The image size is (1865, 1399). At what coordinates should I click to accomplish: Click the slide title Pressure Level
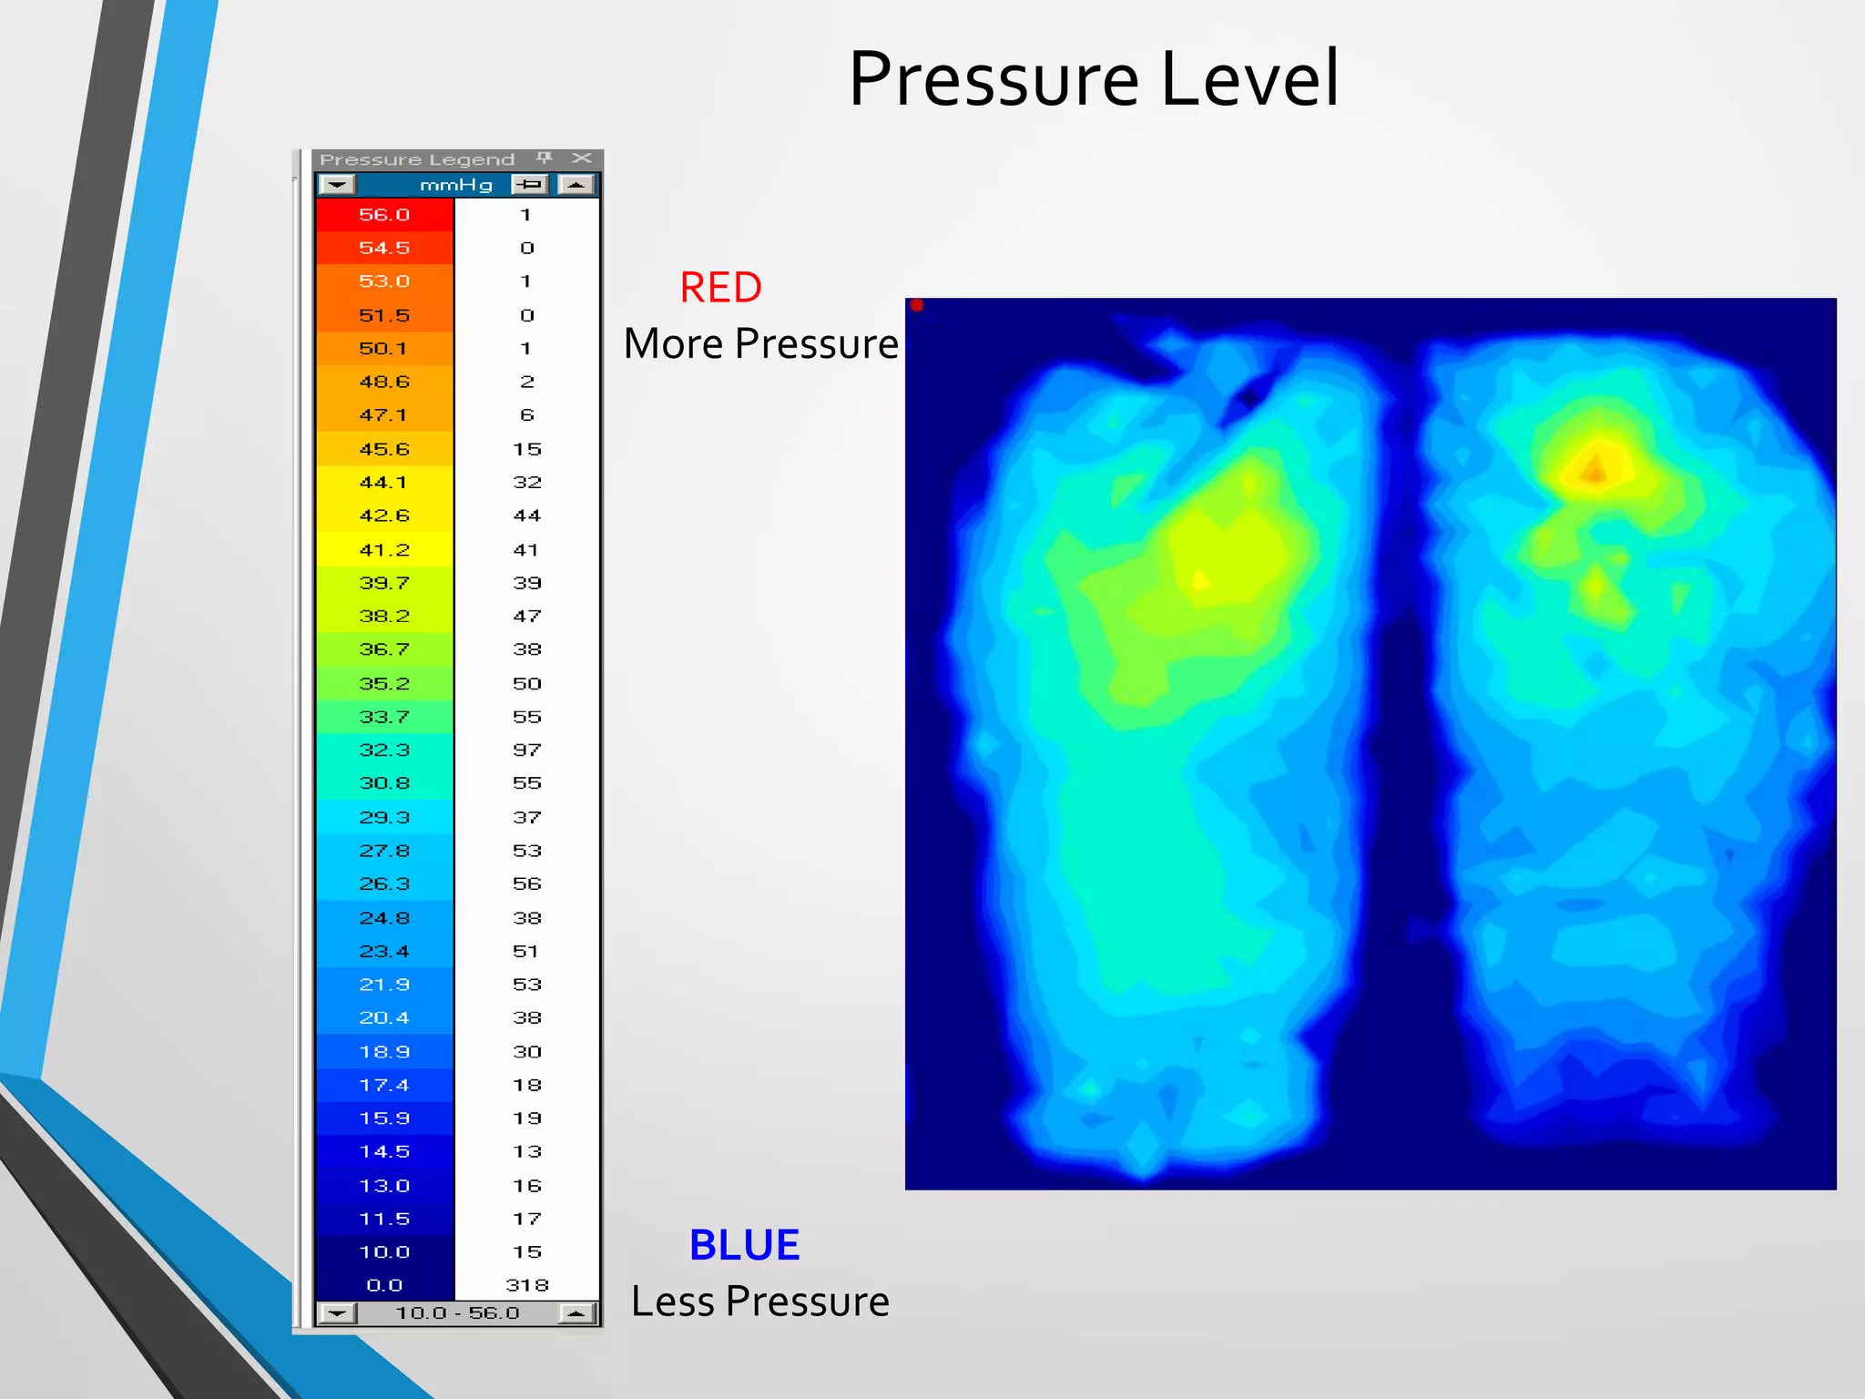1093,79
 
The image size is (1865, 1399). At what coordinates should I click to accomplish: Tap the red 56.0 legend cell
384,215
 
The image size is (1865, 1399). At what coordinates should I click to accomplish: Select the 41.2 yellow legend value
384,550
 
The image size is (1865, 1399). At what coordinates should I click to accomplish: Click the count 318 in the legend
527,1285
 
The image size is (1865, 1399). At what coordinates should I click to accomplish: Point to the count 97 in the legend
527,750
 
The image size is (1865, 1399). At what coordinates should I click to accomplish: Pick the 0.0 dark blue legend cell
384,1285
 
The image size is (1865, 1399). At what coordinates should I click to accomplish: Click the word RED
720,288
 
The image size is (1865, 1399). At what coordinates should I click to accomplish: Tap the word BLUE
744,1245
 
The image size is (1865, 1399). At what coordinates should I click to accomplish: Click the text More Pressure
760,344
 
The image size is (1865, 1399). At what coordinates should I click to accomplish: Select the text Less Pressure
760,1302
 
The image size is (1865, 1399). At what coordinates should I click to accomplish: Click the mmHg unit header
455,185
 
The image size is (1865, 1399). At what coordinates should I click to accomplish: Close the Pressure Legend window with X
582,158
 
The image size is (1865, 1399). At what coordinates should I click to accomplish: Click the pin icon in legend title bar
545,158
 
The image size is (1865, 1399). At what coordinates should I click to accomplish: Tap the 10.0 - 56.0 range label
457,1312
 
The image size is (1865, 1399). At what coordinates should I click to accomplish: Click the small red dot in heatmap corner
917,305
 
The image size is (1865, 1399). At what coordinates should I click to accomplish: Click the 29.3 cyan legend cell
384,817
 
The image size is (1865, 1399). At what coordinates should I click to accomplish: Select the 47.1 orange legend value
384,415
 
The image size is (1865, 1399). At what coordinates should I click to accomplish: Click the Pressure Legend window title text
417,159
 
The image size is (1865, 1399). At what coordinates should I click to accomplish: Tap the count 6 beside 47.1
527,415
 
